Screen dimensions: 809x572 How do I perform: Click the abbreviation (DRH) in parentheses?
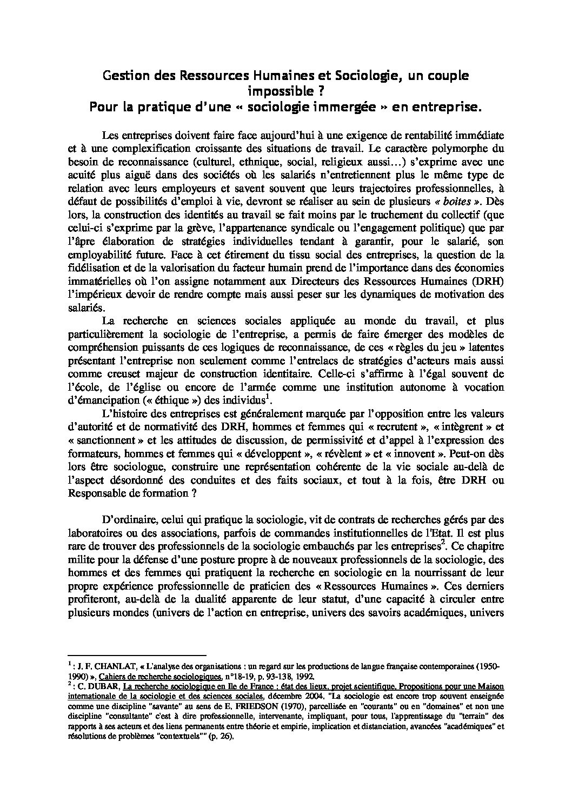pos(485,282)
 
